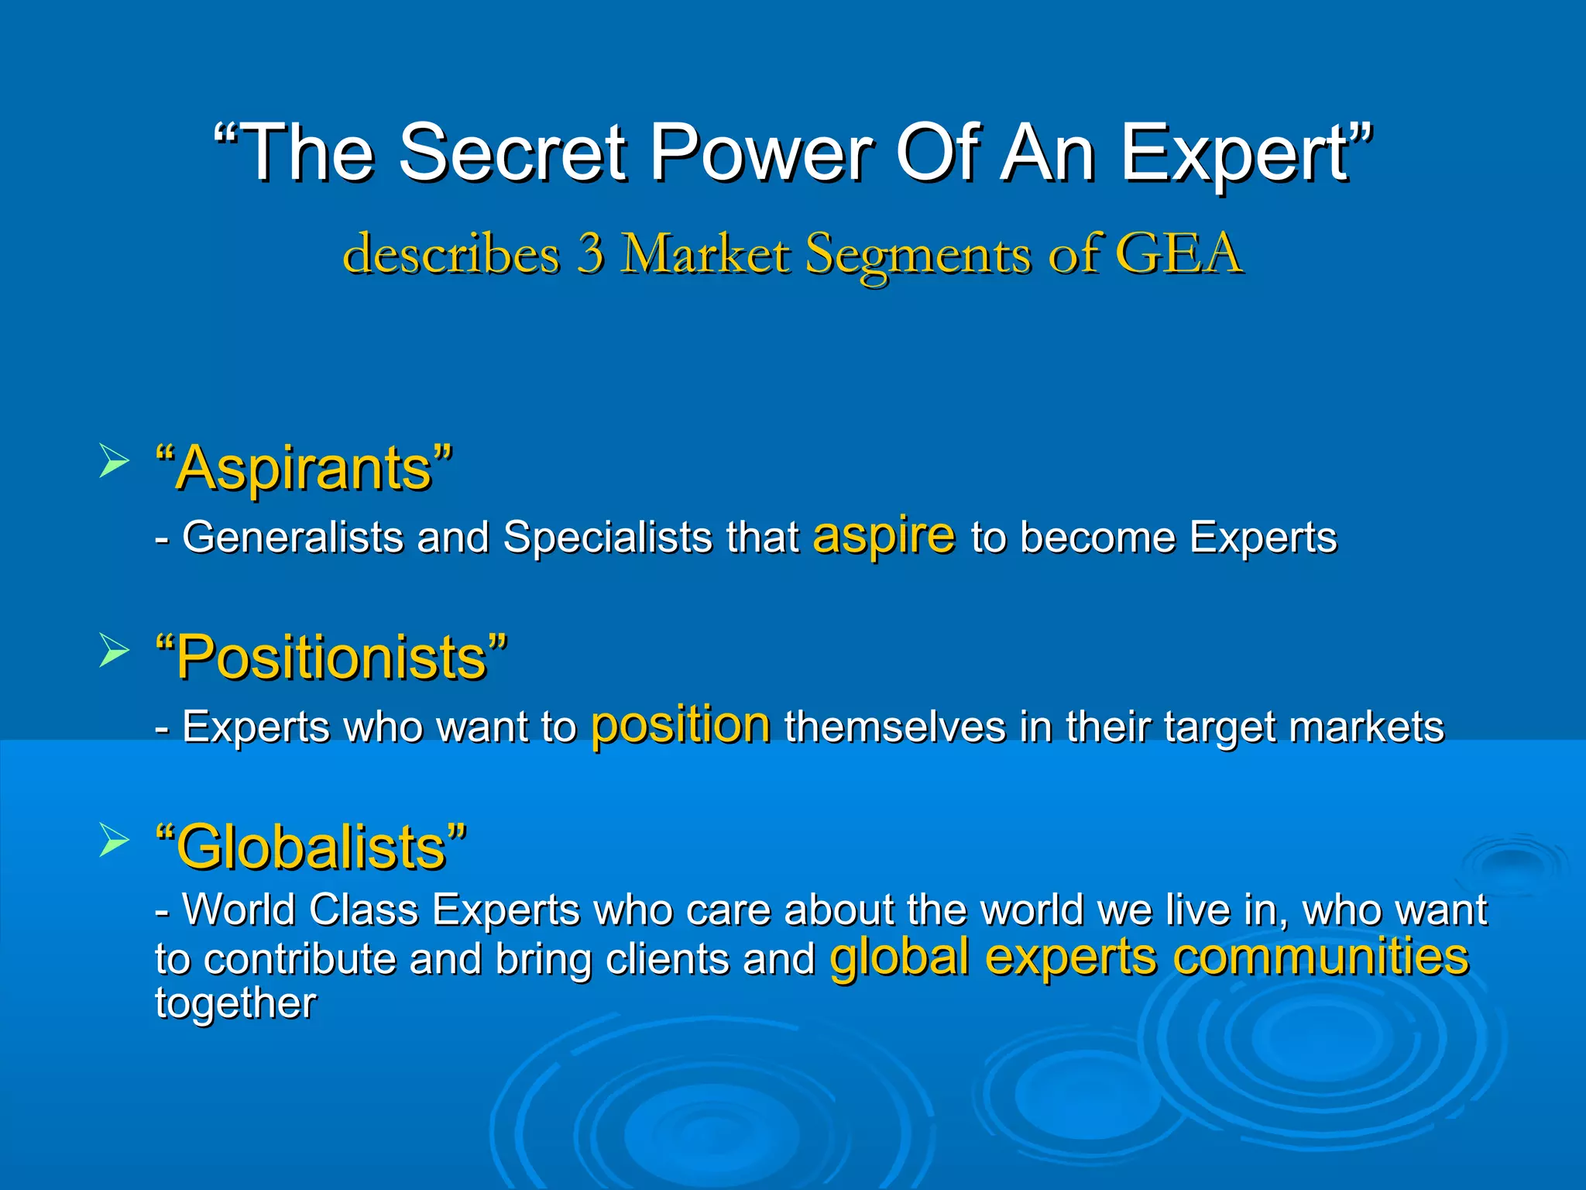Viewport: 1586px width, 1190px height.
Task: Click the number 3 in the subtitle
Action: pos(591,253)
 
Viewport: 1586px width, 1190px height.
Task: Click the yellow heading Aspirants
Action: pos(304,468)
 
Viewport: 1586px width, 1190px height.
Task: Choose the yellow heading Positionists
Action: pos(331,657)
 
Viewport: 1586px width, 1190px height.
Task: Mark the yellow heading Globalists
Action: pos(311,847)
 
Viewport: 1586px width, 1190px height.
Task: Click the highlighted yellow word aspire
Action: pos(884,536)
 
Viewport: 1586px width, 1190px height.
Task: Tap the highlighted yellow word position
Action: pos(681,726)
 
